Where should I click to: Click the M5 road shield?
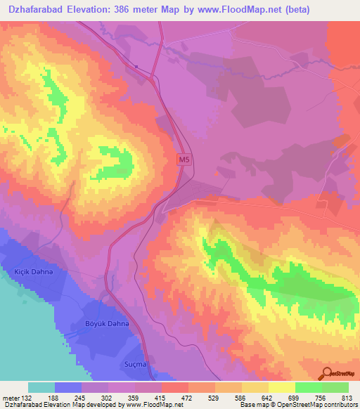click(184, 160)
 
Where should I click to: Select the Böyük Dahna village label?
click(107, 323)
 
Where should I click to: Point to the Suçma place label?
click(135, 365)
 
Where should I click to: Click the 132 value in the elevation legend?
click(28, 398)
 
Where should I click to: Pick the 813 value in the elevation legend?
click(348, 398)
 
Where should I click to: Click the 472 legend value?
click(188, 398)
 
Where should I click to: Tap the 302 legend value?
click(108, 398)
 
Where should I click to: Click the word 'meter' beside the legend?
click(11, 398)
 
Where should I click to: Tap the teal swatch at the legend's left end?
click(41, 387)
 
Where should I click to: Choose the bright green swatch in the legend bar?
click(308, 387)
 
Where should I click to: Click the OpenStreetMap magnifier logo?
click(326, 372)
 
